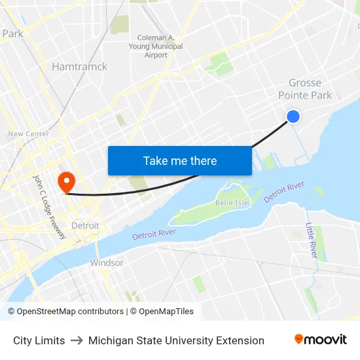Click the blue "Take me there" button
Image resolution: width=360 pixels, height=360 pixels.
[180, 160]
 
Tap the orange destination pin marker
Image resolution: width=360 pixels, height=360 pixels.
[67, 181]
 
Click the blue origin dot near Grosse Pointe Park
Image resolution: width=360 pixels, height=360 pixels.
[293, 117]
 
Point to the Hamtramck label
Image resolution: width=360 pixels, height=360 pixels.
[79, 67]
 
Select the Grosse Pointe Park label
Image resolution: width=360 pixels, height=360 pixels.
[305, 89]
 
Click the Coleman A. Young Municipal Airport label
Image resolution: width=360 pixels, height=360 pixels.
[160, 46]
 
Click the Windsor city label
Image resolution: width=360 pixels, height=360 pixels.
[107, 262]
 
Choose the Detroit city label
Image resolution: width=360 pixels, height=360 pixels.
[85, 226]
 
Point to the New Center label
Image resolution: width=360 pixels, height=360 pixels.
[28, 134]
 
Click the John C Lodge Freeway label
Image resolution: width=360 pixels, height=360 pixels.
[50, 206]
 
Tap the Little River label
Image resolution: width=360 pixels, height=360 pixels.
[313, 240]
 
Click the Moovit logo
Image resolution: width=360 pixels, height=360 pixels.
[321, 340]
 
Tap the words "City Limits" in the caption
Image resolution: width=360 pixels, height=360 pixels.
[39, 340]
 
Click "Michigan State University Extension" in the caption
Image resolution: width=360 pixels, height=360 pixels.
[176, 340]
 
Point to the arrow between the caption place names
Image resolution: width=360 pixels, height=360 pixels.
[77, 340]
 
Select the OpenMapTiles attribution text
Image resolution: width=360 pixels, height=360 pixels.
[166, 312]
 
